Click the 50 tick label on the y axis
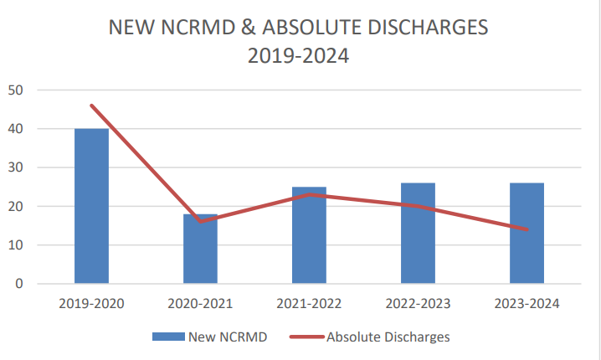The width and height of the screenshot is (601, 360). point(15,90)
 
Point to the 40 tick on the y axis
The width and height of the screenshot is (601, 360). point(15,129)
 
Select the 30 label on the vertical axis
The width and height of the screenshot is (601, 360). point(15,167)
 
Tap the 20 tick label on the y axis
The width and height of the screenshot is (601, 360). point(15,206)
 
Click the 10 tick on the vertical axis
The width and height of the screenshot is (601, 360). point(15,245)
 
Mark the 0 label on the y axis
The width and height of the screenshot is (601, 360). point(18,284)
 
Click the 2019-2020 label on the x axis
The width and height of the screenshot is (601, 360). point(91,303)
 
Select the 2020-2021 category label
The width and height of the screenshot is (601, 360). point(200,303)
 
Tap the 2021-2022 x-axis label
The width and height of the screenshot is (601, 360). point(309,303)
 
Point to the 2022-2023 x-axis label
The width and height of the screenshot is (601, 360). point(418,303)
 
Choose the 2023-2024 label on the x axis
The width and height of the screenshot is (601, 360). point(527,303)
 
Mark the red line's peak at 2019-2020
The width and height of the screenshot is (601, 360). point(91,105)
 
